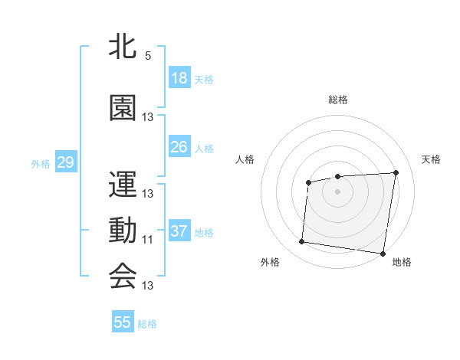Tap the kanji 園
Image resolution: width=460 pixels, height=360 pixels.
(x=123, y=106)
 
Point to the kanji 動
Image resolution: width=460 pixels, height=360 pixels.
(x=123, y=229)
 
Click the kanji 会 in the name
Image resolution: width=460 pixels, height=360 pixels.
(x=123, y=275)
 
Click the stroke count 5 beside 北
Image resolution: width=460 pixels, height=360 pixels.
(x=148, y=56)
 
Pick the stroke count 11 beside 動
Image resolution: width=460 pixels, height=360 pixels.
(x=148, y=240)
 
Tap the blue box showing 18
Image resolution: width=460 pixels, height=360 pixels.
(x=179, y=78)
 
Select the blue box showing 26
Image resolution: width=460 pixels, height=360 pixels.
(x=179, y=146)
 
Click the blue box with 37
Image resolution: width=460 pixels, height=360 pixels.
(x=179, y=231)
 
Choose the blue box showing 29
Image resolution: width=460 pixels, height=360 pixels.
(x=65, y=162)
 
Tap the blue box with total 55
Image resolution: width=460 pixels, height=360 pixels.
(x=123, y=322)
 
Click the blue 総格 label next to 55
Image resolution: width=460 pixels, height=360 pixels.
(x=147, y=324)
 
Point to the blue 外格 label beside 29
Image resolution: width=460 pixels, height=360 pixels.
(x=41, y=163)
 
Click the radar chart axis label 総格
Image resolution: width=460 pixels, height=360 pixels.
(x=338, y=100)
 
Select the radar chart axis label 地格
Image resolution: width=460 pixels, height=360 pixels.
(x=402, y=263)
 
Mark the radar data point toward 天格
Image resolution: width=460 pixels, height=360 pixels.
(x=396, y=172)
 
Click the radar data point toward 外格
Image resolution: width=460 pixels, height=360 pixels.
(x=301, y=242)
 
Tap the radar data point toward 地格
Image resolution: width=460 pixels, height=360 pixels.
(x=382, y=253)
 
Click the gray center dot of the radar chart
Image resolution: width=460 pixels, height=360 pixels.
(x=338, y=191)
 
